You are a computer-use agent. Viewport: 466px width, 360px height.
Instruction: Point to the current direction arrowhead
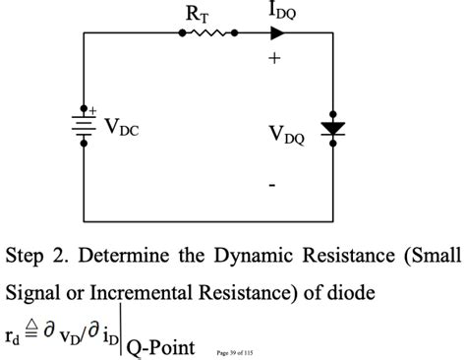[x=277, y=32]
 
